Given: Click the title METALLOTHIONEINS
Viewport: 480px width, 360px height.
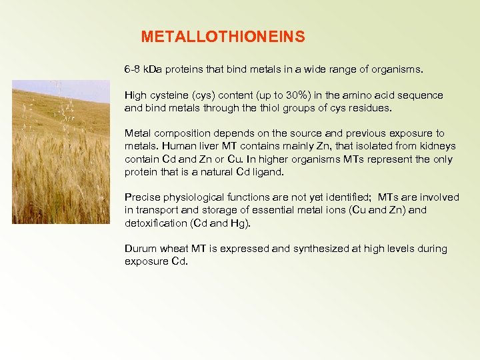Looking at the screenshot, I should (x=223, y=37).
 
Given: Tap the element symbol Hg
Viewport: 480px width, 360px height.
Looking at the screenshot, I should (x=237, y=223).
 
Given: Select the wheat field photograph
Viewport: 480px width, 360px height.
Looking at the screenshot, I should (x=61, y=152).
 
